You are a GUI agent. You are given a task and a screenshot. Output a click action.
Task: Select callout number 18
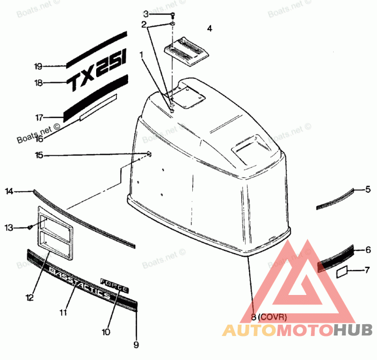38,83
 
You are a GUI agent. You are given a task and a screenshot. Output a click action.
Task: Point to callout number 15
38,155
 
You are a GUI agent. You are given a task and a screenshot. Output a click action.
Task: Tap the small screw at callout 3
173,15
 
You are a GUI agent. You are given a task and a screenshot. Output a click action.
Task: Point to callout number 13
9,228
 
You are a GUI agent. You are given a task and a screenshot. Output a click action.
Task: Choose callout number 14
9,191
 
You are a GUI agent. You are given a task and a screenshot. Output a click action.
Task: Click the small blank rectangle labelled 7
343,272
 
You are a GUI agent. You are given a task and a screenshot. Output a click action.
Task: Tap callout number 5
368,189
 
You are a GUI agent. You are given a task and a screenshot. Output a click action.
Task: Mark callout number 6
368,250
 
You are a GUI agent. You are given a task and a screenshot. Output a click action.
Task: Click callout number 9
136,345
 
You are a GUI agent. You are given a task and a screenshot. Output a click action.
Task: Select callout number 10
106,332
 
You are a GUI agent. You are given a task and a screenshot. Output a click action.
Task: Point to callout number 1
141,54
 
